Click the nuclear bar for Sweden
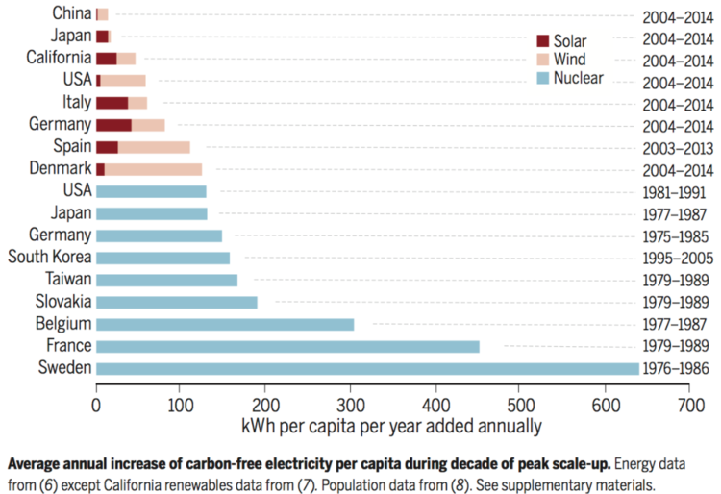tap(365, 368)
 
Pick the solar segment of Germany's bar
tap(113, 125)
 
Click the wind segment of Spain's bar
tap(153, 147)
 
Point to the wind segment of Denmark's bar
tap(153, 169)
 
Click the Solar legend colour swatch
tap(542, 41)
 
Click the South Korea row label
tap(50, 258)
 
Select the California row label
tap(59, 58)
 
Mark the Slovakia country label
tap(59, 302)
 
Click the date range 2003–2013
tap(675, 147)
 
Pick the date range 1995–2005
tap(675, 259)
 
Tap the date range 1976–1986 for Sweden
tap(675, 369)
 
